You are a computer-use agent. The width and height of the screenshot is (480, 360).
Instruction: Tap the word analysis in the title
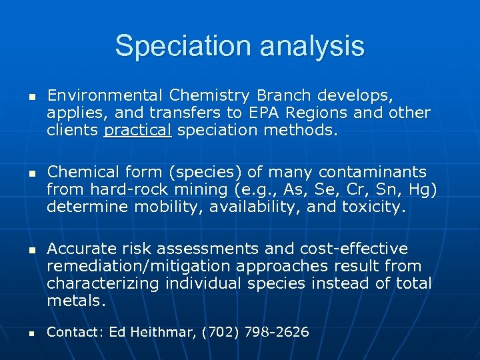312,47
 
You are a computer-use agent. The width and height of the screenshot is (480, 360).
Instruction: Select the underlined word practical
138,130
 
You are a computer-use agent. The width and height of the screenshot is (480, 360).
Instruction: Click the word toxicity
372,207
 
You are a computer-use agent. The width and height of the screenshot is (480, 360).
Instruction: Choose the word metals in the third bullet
75,301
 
